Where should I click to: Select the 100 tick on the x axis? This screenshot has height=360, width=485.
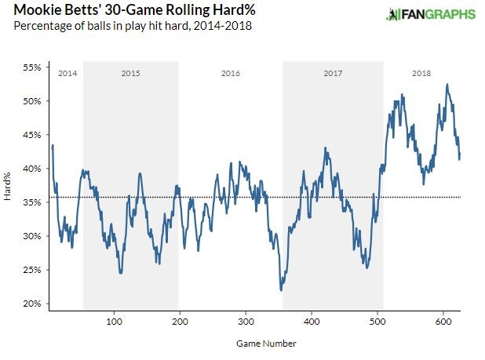(115, 322)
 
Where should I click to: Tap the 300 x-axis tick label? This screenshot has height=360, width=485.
(246, 322)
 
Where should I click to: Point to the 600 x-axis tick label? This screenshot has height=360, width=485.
(443, 322)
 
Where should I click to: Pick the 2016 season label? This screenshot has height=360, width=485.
(230, 73)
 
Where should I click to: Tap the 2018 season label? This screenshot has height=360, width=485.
(421, 73)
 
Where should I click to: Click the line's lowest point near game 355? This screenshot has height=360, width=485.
(281, 290)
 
